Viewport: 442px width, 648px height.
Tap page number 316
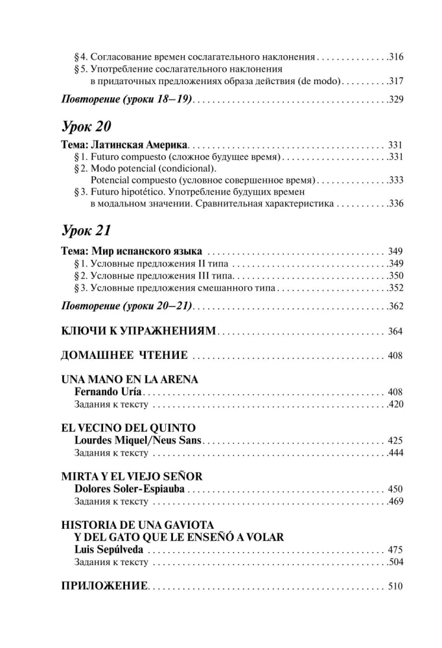pos(396,57)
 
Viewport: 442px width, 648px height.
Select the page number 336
pos(396,203)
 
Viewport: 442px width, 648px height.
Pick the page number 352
pos(396,287)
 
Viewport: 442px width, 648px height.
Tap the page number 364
pos(395,332)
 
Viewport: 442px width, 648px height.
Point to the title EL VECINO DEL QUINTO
pos(128,428)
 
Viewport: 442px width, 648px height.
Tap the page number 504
pos(396,562)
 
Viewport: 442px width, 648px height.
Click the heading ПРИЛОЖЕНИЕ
pos(104,586)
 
